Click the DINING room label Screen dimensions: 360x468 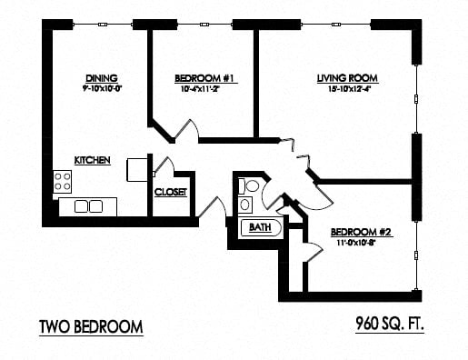coord(102,78)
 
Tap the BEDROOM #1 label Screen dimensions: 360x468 coord(205,79)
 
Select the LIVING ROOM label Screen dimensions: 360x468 coord(346,77)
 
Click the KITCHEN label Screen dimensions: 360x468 coord(93,160)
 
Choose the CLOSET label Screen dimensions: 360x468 coord(170,192)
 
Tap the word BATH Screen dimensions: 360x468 coord(260,227)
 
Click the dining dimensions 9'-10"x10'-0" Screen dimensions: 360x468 coord(102,89)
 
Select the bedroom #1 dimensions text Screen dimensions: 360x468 coord(205,90)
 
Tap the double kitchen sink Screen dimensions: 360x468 coord(87,206)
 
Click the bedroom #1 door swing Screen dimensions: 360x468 coord(186,130)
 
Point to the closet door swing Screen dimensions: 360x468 coord(164,167)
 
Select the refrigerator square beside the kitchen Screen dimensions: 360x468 coord(137,169)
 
